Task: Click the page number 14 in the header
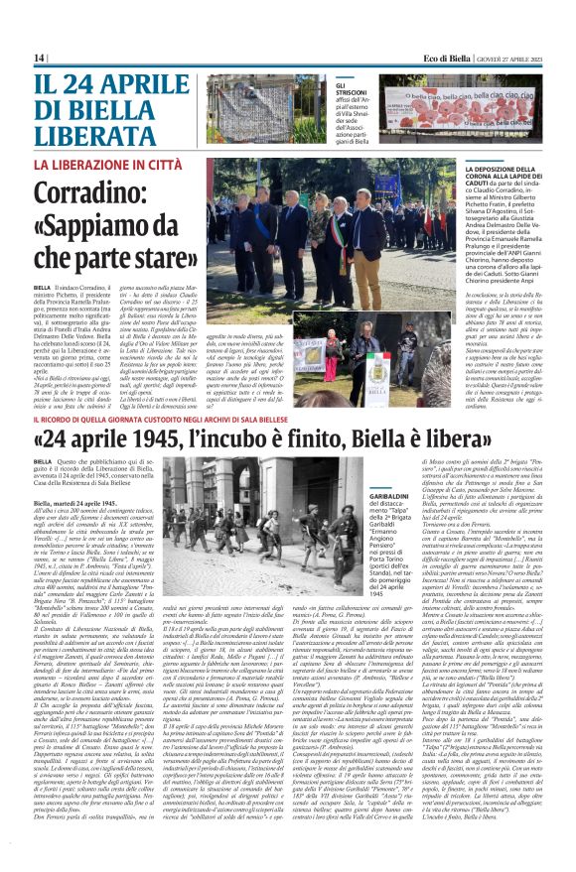pyautogui.click(x=39, y=58)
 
